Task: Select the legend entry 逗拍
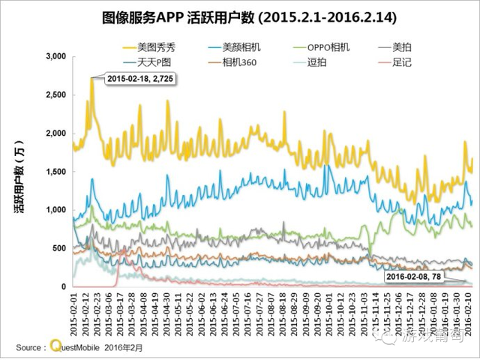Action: [317, 61]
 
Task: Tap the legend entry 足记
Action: [402, 61]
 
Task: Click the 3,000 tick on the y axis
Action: [56, 57]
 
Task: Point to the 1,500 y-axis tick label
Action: [56, 172]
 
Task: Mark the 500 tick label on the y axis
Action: [60, 248]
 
